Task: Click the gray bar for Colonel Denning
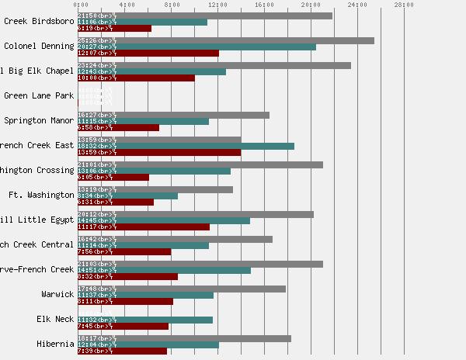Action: (x=225, y=40)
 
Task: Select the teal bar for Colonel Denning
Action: (x=196, y=47)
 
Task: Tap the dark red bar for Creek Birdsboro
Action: (x=114, y=28)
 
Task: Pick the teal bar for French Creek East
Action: (x=186, y=146)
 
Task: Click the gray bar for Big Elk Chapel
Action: (x=214, y=65)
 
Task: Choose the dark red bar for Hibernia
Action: (x=122, y=351)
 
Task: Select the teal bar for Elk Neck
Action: (x=144, y=320)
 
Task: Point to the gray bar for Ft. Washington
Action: (x=155, y=189)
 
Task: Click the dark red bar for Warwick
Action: (x=125, y=301)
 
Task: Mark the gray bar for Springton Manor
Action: (x=173, y=115)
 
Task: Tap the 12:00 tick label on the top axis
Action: (x=217, y=5)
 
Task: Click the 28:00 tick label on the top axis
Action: (x=404, y=5)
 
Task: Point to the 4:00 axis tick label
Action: (x=124, y=5)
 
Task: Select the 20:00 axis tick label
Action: (x=311, y=5)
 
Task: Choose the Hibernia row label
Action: (x=55, y=344)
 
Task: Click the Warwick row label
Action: (x=57, y=294)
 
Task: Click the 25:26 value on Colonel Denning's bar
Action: (x=87, y=40)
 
